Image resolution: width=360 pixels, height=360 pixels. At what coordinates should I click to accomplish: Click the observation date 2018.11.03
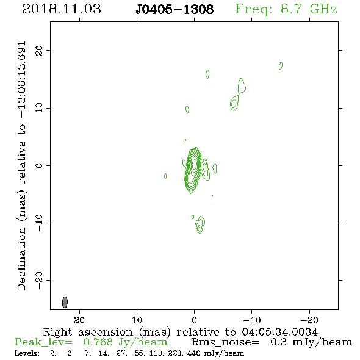tap(62, 9)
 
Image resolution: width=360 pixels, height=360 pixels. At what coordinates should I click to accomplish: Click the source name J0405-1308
tap(175, 10)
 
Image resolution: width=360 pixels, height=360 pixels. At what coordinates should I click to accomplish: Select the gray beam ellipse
tap(65, 302)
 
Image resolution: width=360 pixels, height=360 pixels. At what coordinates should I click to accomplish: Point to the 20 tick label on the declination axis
tap(39, 51)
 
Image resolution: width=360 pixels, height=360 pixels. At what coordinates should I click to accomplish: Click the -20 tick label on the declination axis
tap(39, 281)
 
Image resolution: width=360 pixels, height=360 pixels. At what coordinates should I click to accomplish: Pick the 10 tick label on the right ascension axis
tap(137, 320)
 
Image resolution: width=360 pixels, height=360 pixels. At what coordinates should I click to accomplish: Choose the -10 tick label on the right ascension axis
tap(252, 320)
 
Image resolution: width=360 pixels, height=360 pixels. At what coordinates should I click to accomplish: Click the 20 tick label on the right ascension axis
tap(79, 320)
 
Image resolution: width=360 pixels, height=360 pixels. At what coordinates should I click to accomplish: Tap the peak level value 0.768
tap(98, 342)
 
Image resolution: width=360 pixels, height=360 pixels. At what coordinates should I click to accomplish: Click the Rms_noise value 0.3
tap(278, 342)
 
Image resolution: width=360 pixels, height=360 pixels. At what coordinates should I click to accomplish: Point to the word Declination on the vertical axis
tap(21, 259)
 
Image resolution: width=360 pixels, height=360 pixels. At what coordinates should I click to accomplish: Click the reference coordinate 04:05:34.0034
tap(279, 332)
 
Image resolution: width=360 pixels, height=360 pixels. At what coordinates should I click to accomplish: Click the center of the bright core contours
tap(194, 164)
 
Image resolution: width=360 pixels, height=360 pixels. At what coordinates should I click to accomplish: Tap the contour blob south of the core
tap(200, 225)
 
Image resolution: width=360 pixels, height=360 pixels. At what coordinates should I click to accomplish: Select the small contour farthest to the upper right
tap(281, 66)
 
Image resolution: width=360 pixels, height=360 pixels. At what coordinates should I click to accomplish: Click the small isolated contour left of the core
tap(165, 176)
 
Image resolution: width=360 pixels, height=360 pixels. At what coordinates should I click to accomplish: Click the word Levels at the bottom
tap(27, 353)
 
